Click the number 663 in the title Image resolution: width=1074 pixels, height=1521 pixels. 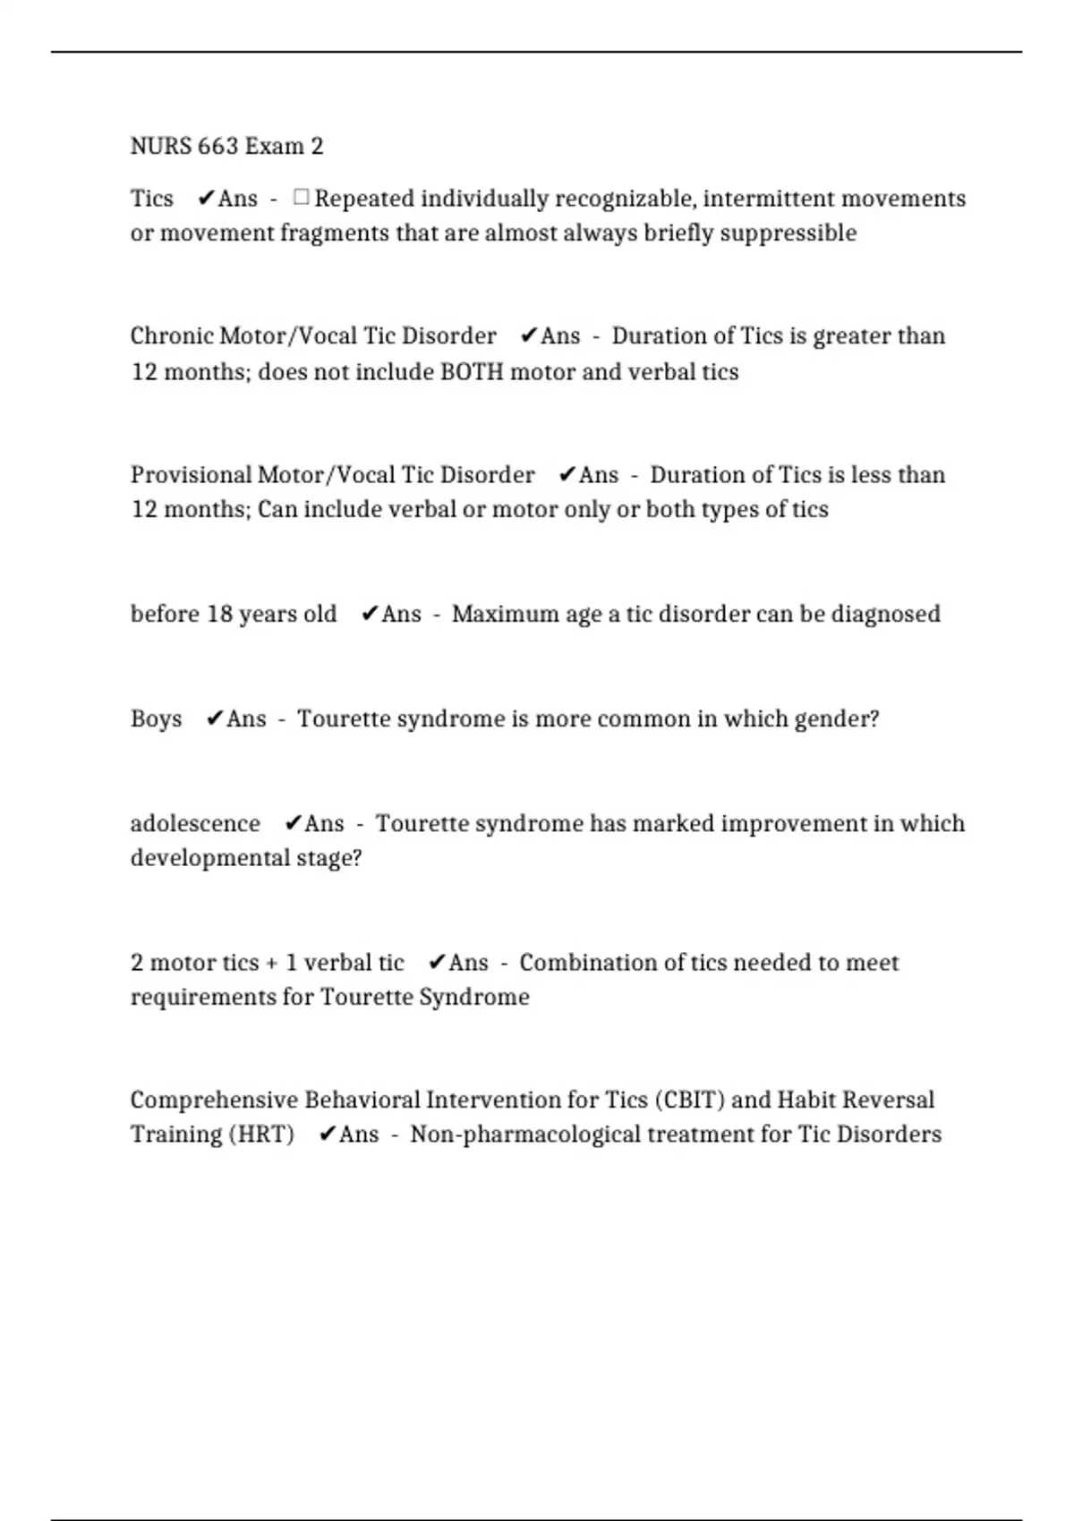[x=217, y=146]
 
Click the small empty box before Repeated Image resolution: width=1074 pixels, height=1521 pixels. [x=301, y=197]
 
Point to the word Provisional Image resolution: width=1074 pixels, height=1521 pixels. [x=190, y=474]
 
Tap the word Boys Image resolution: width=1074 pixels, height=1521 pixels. [x=156, y=718]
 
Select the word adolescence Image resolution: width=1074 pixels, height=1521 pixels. [x=195, y=823]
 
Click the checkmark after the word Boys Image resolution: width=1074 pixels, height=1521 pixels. [x=214, y=718]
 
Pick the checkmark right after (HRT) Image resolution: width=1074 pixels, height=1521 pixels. [x=328, y=1134]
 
